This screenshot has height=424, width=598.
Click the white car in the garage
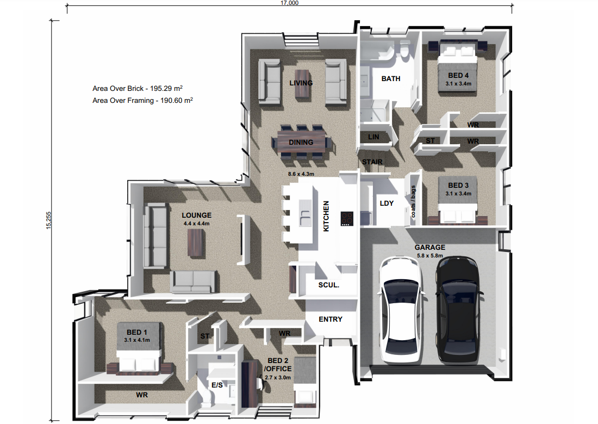tap(401, 310)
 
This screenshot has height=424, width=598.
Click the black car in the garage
tap(458, 310)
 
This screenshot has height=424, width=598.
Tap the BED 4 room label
tap(458, 76)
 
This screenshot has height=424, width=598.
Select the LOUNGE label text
tap(196, 216)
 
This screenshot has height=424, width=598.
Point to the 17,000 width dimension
tap(289, 3)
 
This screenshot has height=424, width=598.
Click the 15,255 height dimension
tap(48, 220)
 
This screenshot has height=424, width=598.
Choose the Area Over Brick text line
tap(138, 88)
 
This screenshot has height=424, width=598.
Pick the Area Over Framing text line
tap(142, 100)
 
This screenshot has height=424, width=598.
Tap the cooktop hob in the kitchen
tap(347, 218)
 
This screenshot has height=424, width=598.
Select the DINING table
tap(301, 142)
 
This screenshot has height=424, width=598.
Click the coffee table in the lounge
tap(196, 243)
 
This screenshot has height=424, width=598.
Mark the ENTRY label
tap(331, 319)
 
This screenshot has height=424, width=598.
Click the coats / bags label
tap(413, 201)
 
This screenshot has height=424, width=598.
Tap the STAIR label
tap(372, 162)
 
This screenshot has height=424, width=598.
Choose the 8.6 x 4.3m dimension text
tap(301, 174)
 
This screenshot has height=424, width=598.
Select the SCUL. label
tap(329, 285)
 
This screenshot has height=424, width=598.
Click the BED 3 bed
tap(458, 200)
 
